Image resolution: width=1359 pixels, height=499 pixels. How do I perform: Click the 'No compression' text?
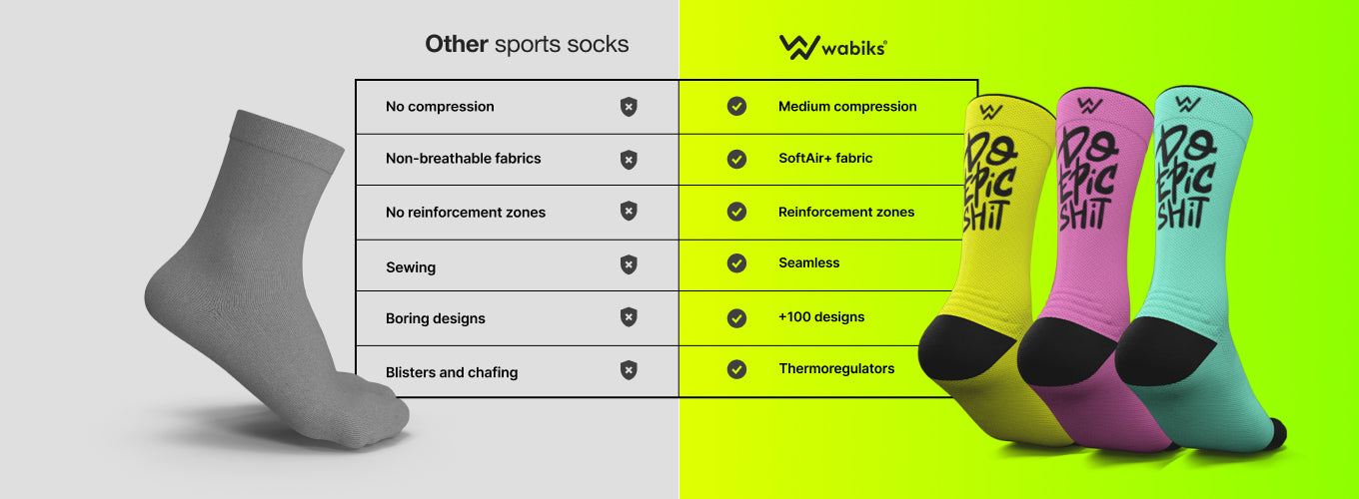pyautogui.click(x=440, y=107)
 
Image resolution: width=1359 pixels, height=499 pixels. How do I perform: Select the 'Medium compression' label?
pyautogui.click(x=847, y=107)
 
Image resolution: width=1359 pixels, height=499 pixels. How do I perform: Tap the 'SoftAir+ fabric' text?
pyautogui.click(x=825, y=158)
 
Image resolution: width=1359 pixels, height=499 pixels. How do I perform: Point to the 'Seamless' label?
pyautogui.click(x=808, y=262)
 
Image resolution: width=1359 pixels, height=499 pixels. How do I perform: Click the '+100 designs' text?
pyautogui.click(x=821, y=316)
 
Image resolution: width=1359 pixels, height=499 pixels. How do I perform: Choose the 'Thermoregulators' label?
pyautogui.click(x=836, y=369)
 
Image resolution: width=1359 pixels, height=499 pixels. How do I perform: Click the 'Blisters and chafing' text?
pyautogui.click(x=452, y=372)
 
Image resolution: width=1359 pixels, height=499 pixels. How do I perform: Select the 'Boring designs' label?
pyautogui.click(x=435, y=318)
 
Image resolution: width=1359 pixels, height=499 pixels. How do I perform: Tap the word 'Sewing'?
pyautogui.click(x=411, y=267)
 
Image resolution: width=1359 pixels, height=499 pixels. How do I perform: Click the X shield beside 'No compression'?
pyautogui.click(x=629, y=107)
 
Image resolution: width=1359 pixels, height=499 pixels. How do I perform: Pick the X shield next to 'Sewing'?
pyautogui.click(x=629, y=264)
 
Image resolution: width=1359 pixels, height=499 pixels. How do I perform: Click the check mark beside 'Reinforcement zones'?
pyautogui.click(x=736, y=212)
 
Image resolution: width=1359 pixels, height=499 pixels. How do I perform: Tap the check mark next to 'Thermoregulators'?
pyautogui.click(x=736, y=369)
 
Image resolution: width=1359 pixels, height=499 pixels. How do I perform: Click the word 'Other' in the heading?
pyautogui.click(x=457, y=44)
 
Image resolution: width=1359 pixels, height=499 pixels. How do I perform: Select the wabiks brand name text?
pyautogui.click(x=854, y=48)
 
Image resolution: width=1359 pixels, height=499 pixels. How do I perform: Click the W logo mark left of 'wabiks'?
pyautogui.click(x=799, y=47)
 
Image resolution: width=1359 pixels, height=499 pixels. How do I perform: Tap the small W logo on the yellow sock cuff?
pyautogui.click(x=990, y=112)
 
